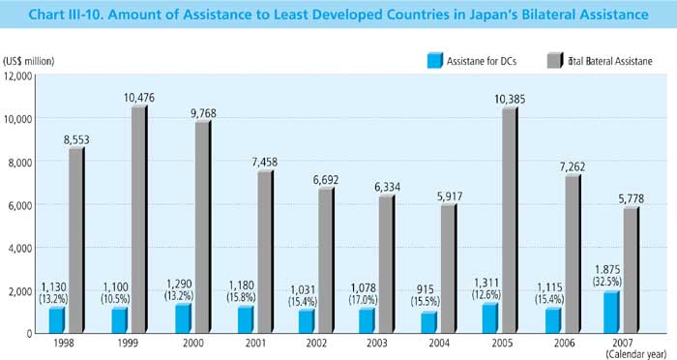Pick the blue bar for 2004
(428, 321)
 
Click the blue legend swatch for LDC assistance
(435, 61)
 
